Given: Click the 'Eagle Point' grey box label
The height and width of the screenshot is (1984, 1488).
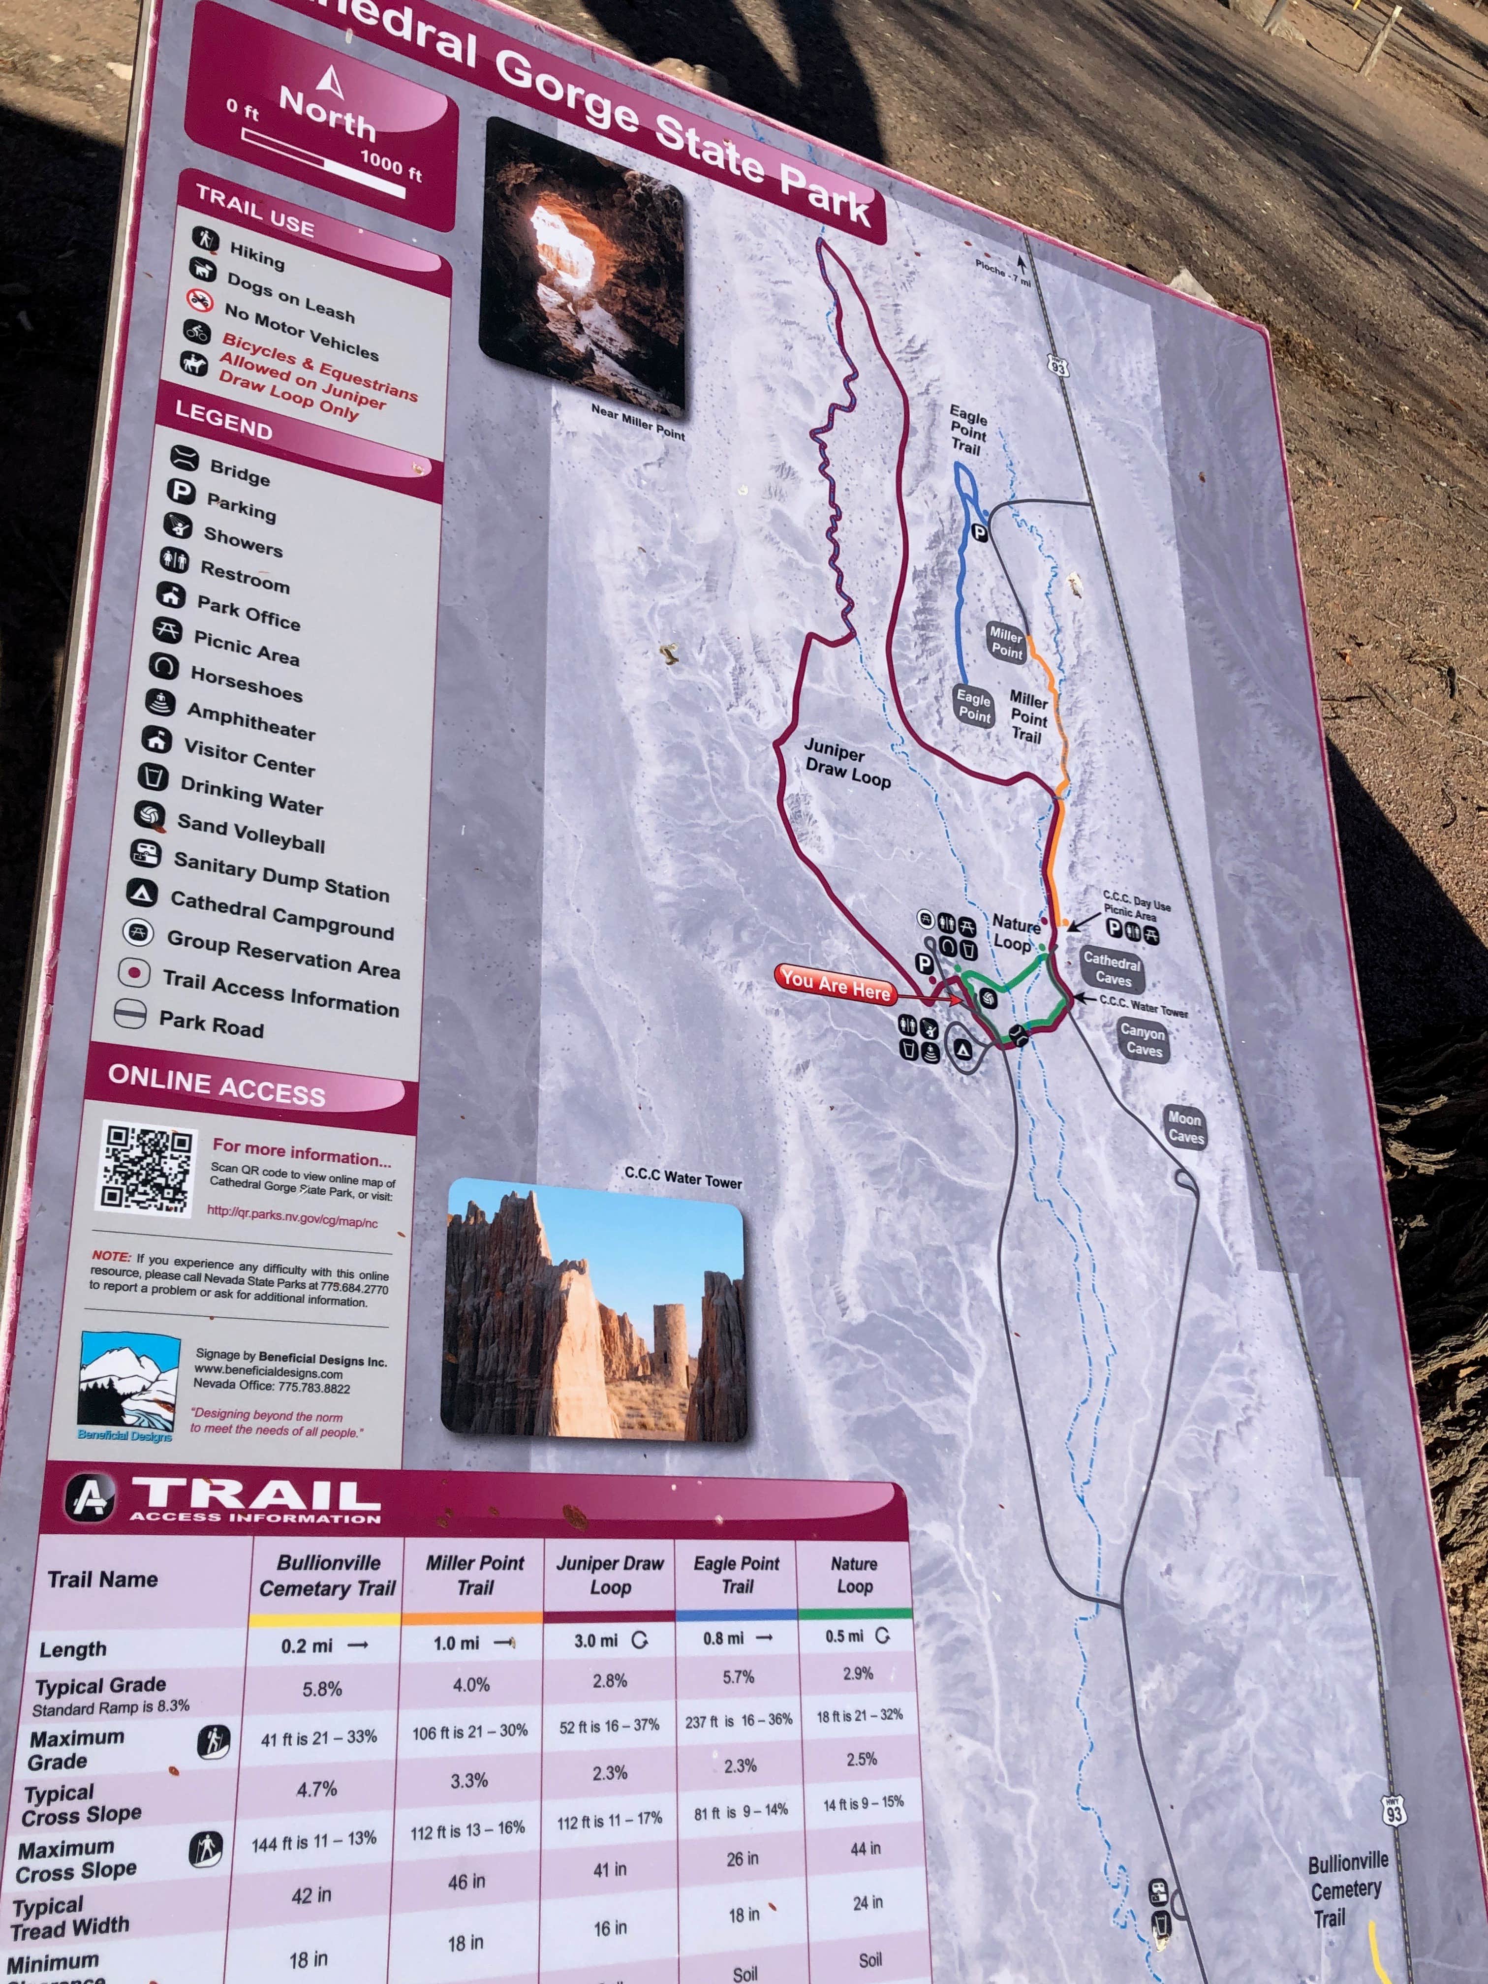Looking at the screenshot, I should [973, 706].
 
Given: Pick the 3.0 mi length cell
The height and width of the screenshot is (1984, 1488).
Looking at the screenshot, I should [610, 1641].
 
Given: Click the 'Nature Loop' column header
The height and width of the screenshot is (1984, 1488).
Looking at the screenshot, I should [854, 1575].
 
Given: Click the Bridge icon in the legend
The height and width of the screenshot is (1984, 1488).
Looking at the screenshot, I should [185, 458].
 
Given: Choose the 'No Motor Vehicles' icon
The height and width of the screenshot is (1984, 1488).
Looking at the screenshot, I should [199, 300].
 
